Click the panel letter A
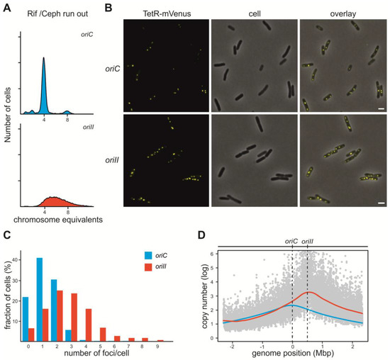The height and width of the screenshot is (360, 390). (7, 8)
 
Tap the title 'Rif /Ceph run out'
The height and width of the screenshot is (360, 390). (57, 14)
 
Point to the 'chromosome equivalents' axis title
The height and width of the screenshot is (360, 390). (58, 220)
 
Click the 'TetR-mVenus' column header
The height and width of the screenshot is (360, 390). (167, 13)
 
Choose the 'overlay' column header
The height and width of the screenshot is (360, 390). (343, 13)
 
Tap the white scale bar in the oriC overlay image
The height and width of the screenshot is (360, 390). (381, 108)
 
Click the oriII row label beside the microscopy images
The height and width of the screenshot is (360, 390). (112, 160)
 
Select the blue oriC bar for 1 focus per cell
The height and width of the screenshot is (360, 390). (40, 299)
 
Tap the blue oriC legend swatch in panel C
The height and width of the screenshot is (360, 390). (148, 255)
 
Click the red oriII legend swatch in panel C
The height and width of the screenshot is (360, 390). (148, 267)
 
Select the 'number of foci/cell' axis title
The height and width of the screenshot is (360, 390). (96, 353)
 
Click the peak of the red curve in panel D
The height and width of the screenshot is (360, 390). (308, 292)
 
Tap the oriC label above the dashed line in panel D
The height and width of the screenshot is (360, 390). (291, 241)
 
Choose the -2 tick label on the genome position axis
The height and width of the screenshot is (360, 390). (232, 347)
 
